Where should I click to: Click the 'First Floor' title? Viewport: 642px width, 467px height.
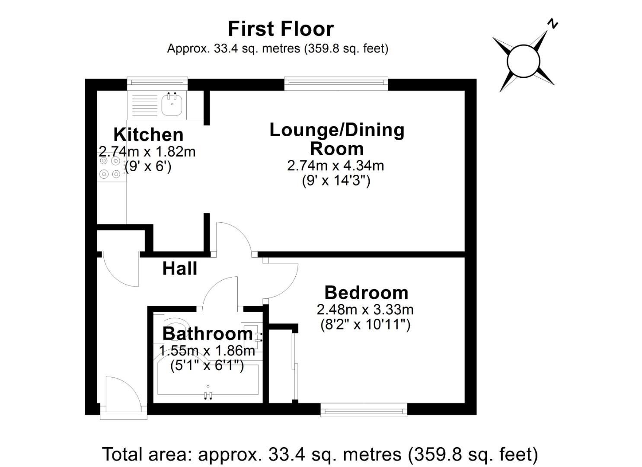[x=281, y=29]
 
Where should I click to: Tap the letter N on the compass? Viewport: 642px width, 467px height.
[x=552, y=24]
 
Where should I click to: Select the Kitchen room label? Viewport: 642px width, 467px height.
[x=148, y=134]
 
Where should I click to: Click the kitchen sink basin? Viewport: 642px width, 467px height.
[x=172, y=105]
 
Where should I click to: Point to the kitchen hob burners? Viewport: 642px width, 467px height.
[x=110, y=167]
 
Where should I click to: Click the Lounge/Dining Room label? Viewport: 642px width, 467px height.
[x=337, y=139]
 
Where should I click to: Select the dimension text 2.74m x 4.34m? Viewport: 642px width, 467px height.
[x=335, y=166]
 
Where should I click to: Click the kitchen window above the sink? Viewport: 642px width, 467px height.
[x=157, y=82]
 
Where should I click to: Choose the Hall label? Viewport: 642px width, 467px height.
[x=180, y=269]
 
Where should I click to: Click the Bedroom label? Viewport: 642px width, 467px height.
[x=366, y=293]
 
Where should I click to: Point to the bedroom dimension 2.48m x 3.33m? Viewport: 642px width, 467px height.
[x=365, y=310]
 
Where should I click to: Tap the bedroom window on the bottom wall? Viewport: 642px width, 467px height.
[x=364, y=409]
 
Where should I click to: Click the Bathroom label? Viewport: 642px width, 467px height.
[x=208, y=334]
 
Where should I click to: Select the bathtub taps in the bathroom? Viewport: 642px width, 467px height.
[x=208, y=395]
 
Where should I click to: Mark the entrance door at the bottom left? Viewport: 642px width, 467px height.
[x=123, y=396]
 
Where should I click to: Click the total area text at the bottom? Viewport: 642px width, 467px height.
[x=320, y=454]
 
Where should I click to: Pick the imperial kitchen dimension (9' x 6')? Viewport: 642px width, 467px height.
[x=148, y=166]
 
